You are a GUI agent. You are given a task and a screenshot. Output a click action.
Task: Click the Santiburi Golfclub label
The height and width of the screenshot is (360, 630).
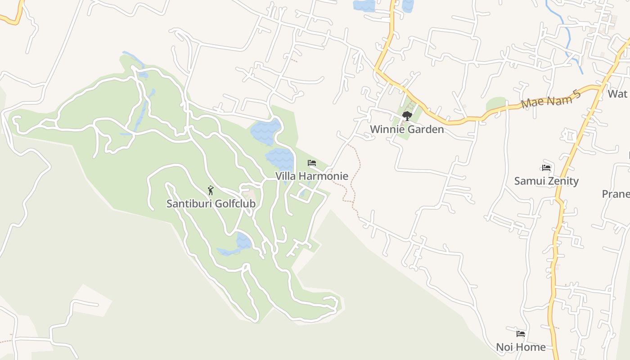click(211, 204)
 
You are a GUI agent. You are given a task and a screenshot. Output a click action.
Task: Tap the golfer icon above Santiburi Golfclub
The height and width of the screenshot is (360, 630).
click(211, 191)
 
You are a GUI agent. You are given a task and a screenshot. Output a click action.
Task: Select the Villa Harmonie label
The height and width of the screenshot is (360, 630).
click(312, 176)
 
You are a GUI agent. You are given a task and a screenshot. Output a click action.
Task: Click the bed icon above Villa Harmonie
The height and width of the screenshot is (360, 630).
click(312, 163)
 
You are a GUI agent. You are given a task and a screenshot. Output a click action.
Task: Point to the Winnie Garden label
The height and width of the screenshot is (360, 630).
click(407, 130)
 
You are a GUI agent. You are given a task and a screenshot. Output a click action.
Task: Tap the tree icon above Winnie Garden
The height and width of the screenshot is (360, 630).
click(407, 116)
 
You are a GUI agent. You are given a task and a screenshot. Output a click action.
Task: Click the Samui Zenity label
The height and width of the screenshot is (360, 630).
click(546, 181)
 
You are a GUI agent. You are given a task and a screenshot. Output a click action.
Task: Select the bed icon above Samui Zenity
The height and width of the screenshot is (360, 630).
click(547, 168)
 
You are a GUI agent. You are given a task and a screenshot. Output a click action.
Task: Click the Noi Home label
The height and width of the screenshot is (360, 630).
click(521, 347)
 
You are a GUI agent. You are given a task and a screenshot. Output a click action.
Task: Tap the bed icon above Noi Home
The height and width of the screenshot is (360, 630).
click(521, 334)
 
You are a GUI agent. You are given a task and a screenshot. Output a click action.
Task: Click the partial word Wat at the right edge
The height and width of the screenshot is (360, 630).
click(617, 94)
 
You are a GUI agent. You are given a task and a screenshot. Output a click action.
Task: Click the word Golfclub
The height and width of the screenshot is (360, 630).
click(234, 204)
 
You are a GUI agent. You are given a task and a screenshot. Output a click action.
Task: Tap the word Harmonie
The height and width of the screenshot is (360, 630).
click(325, 176)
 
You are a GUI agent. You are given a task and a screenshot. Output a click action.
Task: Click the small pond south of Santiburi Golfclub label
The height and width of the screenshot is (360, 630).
click(243, 241)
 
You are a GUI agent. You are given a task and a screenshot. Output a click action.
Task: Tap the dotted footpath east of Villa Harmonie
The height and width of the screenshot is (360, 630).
click(354, 180)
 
